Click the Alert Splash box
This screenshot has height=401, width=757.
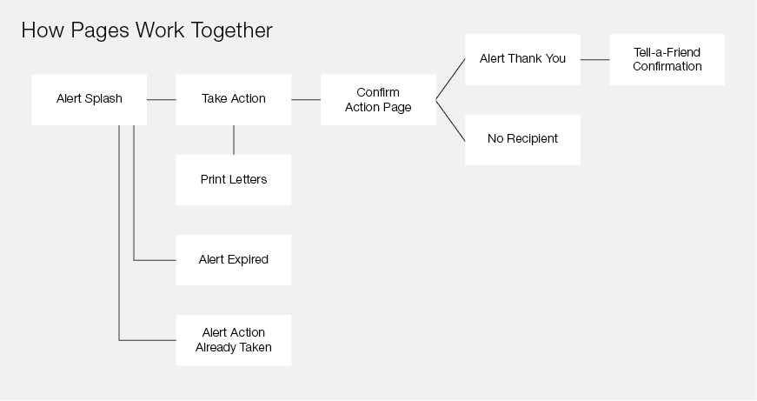pos(90,99)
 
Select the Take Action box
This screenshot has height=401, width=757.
pos(234,99)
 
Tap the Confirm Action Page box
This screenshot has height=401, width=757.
pos(378,99)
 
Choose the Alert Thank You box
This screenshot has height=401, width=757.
pos(522,59)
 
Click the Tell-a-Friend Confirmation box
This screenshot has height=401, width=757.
pos(667,59)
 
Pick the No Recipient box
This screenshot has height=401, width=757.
pos(522,140)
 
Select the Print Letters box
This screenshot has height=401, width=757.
pos(234,180)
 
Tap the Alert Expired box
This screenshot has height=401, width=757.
pos(234,260)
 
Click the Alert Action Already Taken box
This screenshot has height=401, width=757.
pos(234,340)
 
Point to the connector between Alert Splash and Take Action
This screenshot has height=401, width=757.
pos(162,99)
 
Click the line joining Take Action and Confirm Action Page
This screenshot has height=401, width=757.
pos(306,99)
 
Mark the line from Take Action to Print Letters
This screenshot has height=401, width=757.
pos(234,140)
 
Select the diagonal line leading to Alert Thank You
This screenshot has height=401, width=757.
pos(450,79)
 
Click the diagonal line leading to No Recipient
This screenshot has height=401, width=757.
pos(450,121)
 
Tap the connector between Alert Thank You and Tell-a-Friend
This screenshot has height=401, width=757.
pos(594,59)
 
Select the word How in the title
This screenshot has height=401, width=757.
pos(43,30)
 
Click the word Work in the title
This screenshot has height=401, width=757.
pos(160,30)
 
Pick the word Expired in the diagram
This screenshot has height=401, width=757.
pos(249,260)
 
